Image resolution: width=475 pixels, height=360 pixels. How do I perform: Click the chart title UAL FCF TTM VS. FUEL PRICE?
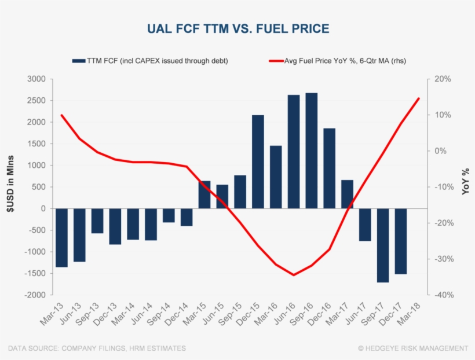[237, 28]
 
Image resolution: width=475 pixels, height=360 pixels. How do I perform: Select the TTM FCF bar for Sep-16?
[312, 150]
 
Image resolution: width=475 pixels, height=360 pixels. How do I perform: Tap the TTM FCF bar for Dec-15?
[258, 161]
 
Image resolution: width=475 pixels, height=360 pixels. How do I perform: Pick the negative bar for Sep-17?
[383, 245]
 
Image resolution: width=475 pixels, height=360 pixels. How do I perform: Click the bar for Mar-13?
[61, 237]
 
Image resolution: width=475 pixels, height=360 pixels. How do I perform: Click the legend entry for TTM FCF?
[149, 60]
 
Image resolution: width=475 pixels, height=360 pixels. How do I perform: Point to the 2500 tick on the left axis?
[36, 101]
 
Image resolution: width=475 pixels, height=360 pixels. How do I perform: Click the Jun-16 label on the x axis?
[285, 313]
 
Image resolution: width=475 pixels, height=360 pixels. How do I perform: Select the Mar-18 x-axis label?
[410, 313]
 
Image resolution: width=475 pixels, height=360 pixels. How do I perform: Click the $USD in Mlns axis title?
[10, 186]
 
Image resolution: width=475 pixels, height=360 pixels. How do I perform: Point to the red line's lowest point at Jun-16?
[294, 275]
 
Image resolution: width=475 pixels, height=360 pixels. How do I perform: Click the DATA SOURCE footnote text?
[97, 348]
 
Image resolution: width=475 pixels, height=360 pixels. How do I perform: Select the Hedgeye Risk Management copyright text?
[412, 348]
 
